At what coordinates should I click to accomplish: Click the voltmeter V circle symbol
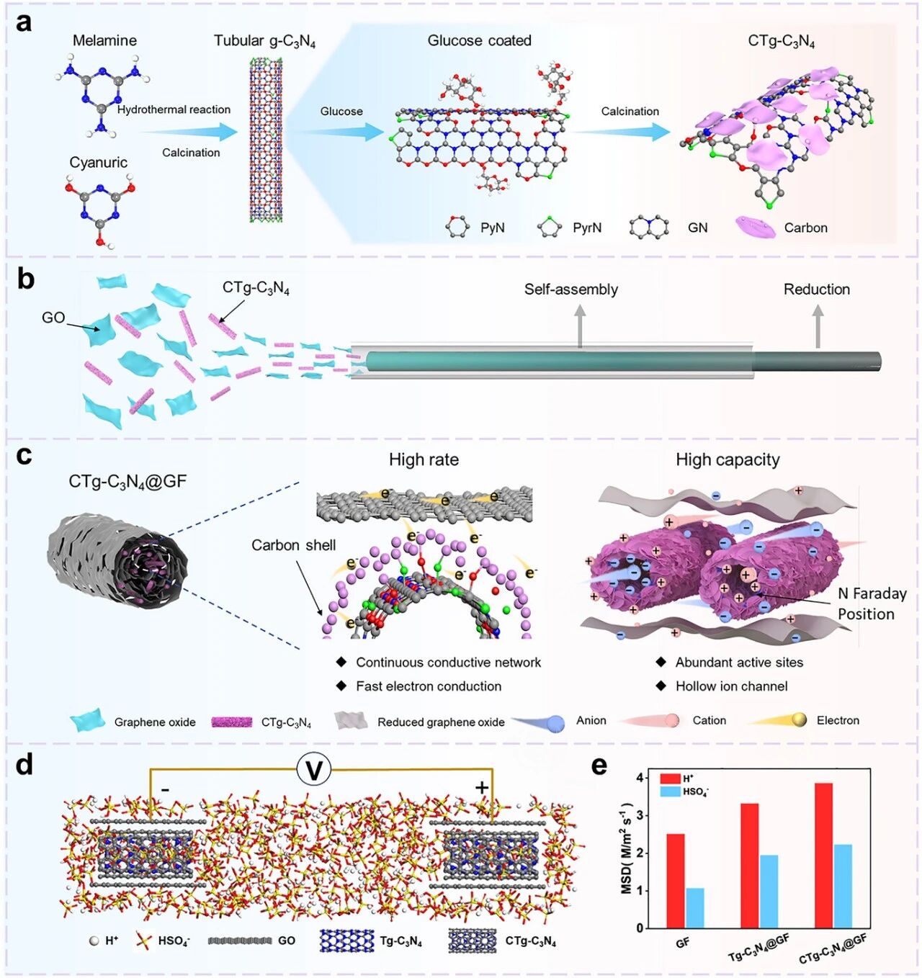[x=314, y=771]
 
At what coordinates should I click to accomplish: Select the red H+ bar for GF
[x=675, y=880]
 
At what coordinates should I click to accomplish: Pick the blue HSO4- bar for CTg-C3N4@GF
[x=843, y=886]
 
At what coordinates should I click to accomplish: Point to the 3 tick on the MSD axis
[x=639, y=816]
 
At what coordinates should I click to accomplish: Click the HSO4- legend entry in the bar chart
[x=684, y=791]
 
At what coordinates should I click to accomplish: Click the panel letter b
[x=25, y=279]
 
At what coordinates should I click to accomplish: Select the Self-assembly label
[x=570, y=290]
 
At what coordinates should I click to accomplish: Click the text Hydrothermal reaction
[x=174, y=109]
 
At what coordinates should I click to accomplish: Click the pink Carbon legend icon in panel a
[x=755, y=228]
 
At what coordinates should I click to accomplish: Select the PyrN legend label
[x=587, y=228]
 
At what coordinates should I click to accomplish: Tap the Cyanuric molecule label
[x=99, y=163]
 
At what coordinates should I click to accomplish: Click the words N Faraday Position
[x=872, y=604]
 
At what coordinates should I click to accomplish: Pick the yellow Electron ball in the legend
[x=799, y=719]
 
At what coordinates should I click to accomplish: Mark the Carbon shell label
[x=293, y=545]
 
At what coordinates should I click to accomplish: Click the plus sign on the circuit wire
[x=482, y=788]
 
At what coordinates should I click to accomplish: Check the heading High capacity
[x=728, y=459]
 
